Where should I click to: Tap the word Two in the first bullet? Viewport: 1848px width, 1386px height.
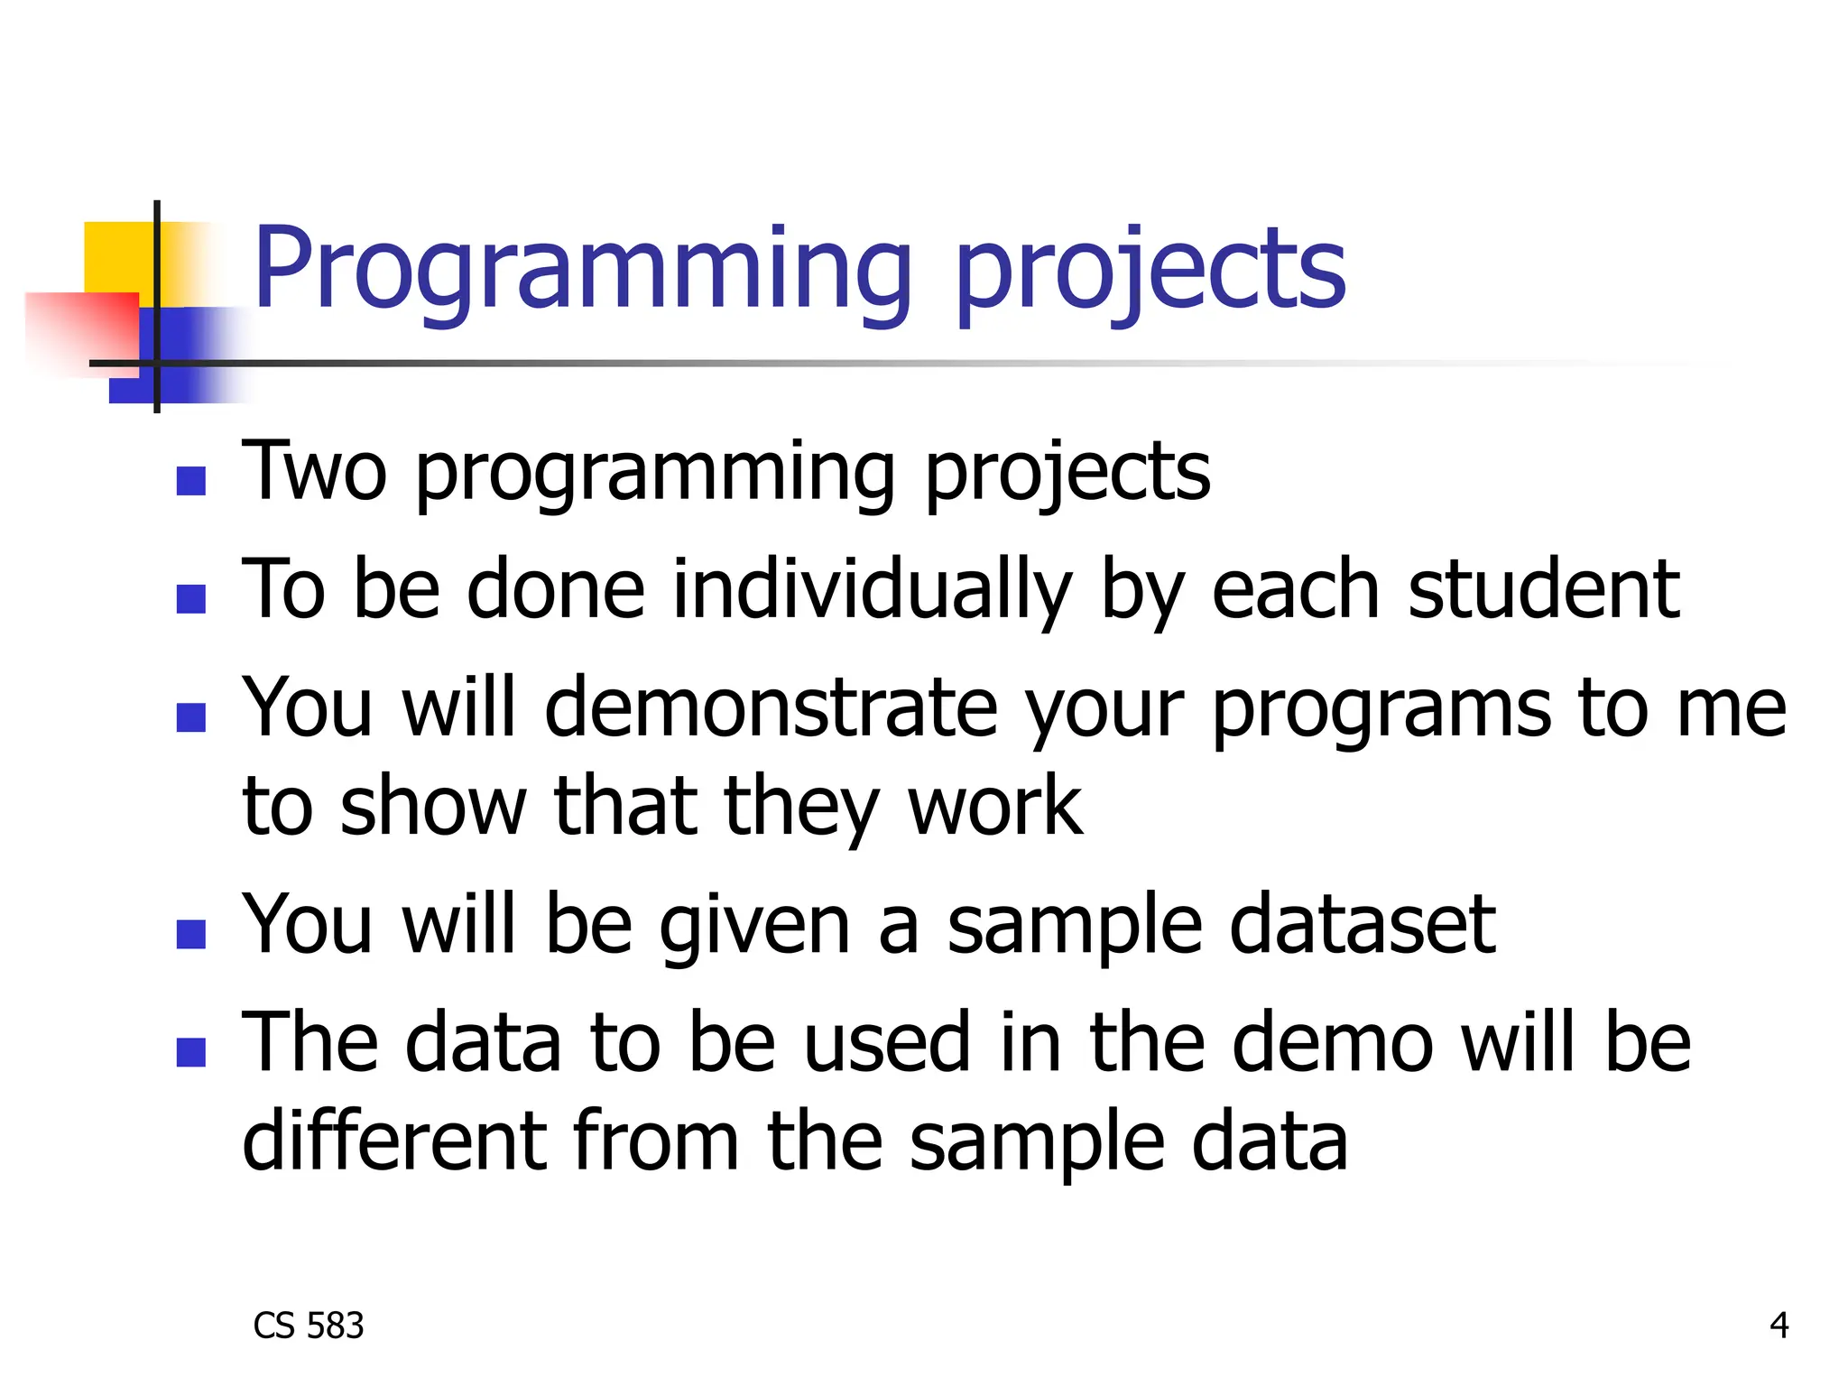pos(314,470)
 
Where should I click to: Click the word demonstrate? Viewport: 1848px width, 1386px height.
pos(771,707)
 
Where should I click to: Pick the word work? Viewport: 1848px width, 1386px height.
pos(993,805)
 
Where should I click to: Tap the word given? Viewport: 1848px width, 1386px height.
pos(754,924)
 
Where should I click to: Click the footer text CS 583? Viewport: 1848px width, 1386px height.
pos(309,1326)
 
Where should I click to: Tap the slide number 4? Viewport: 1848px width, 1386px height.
pos(1779,1326)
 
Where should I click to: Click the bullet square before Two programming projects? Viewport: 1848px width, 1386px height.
pos(191,481)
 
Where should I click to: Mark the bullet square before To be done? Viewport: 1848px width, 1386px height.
pos(191,599)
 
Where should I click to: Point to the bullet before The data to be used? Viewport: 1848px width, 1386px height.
pos(191,1052)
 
